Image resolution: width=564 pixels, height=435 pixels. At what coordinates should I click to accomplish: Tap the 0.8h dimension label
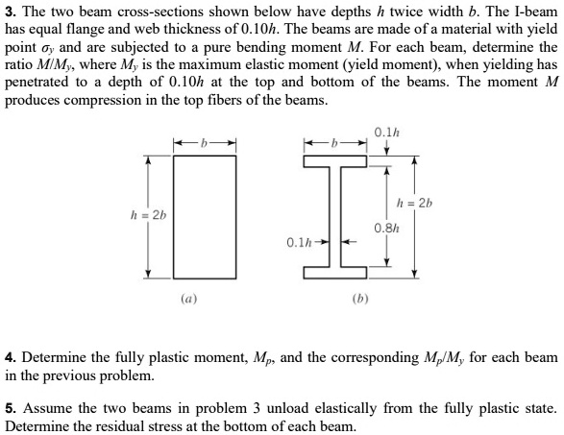coord(387,229)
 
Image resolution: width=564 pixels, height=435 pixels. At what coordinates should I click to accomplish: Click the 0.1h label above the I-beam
coord(389,132)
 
